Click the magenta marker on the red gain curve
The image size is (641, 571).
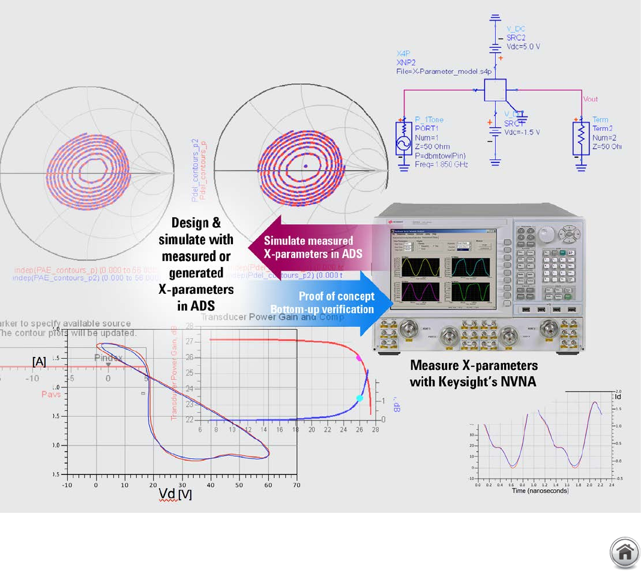(359, 358)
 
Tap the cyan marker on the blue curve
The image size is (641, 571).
(360, 398)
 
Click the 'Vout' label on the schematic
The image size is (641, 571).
(590, 99)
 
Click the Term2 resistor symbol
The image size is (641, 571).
(581, 139)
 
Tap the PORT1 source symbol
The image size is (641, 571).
(402, 140)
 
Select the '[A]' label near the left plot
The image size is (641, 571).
(39, 361)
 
